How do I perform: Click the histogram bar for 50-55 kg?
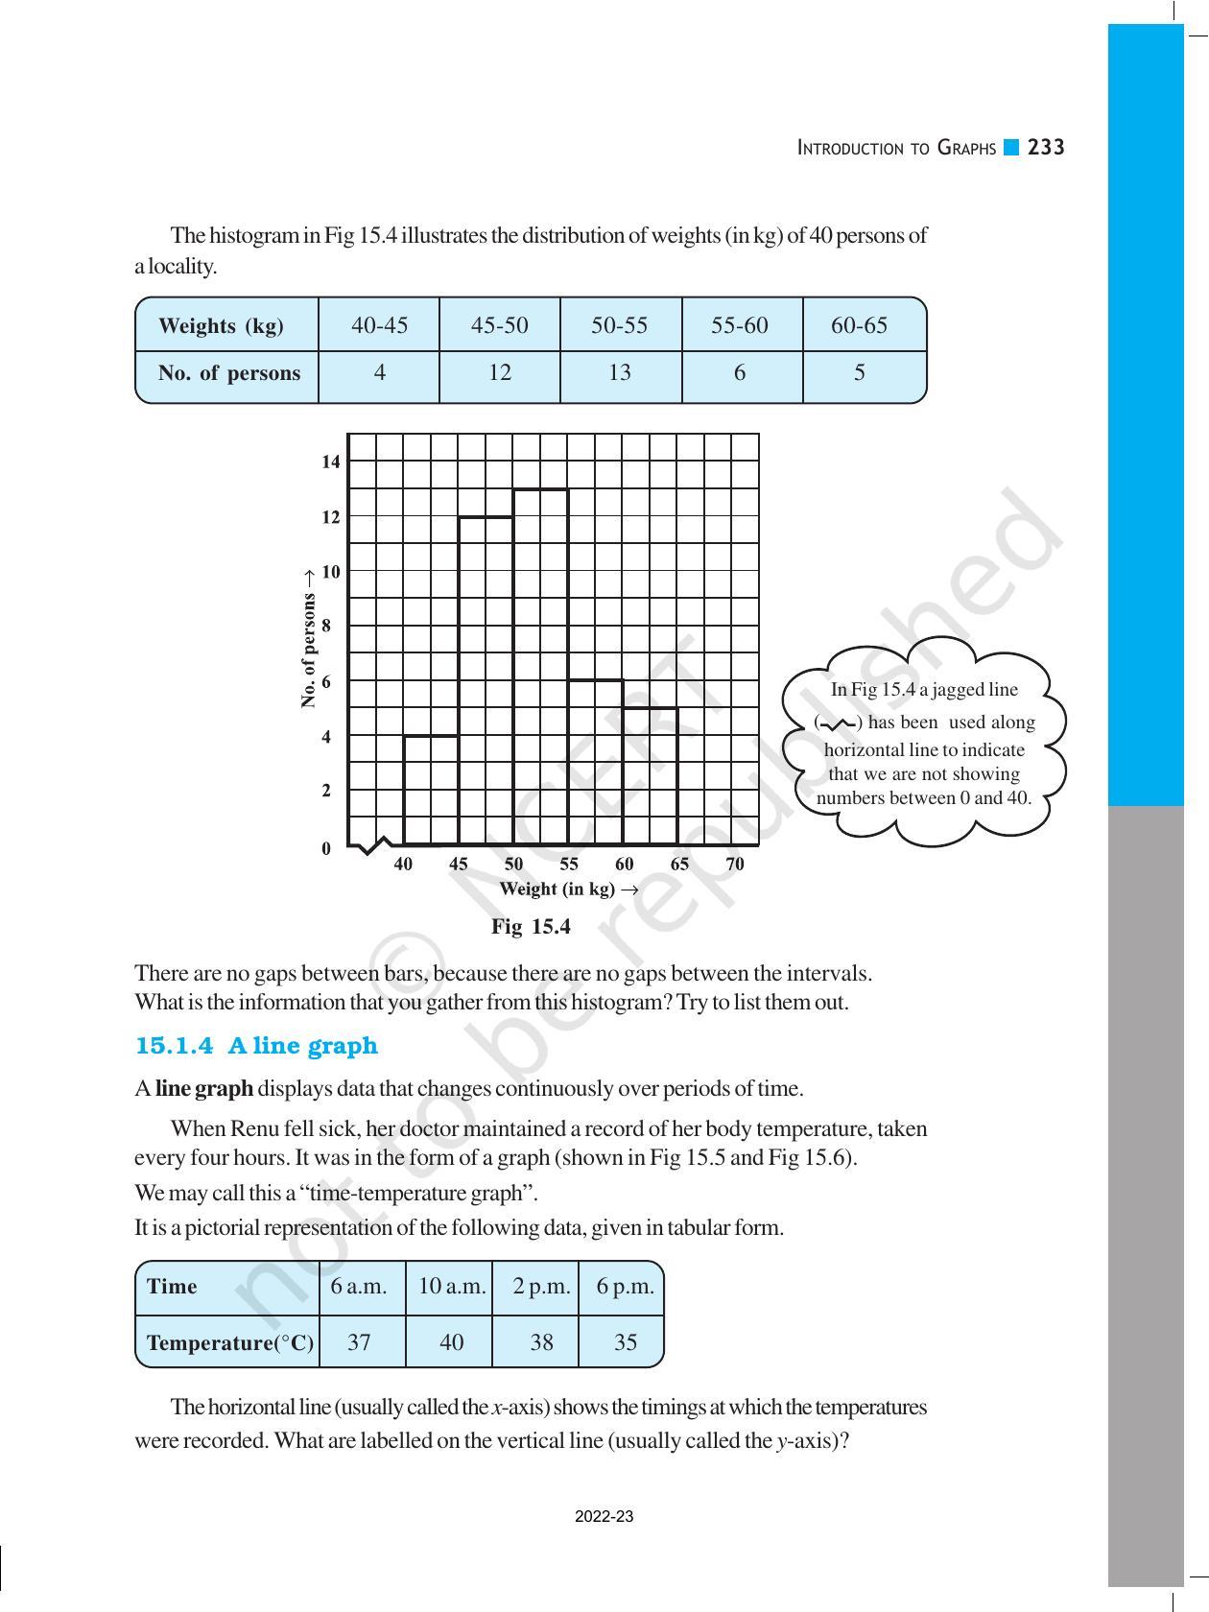pos(541,667)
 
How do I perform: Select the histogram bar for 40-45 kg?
pos(431,791)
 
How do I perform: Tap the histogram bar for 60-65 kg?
pos(651,776)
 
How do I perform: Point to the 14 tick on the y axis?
pos(331,462)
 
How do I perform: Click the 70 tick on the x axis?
pos(735,864)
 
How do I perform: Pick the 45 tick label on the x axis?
pos(459,864)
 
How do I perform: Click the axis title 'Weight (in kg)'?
pos(558,889)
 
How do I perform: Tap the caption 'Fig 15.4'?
pos(531,927)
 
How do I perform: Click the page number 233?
pos(1046,148)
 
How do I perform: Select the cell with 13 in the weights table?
pos(620,373)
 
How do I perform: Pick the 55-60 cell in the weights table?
pos(740,325)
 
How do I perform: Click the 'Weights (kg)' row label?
pos(221,326)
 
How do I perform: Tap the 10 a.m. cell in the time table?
pos(452,1287)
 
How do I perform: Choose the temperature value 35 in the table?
pos(625,1342)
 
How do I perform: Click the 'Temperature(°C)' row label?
pos(229,1343)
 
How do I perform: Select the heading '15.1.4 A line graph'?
pos(256,1046)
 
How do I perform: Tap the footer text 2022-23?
pos(604,1517)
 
